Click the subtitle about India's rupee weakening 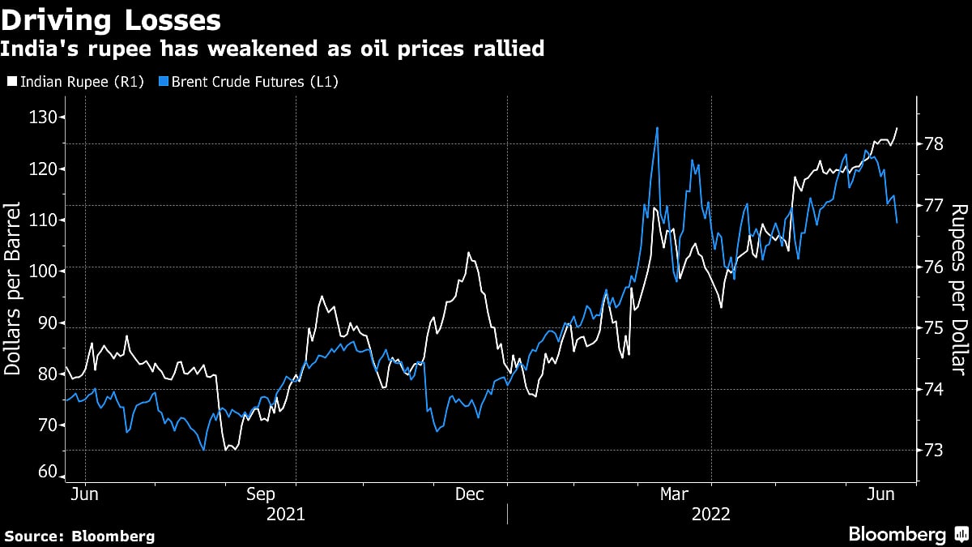[272, 49]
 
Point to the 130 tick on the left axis [41, 118]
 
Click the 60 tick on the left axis [46, 472]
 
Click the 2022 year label [710, 514]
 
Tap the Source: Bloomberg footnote [79, 536]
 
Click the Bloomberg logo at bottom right [907, 534]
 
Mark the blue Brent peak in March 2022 [657, 128]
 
